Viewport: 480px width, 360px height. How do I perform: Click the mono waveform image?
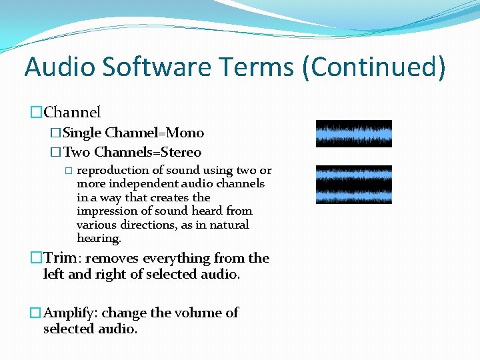click(x=353, y=133)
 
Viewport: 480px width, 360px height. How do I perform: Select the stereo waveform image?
click(x=353, y=185)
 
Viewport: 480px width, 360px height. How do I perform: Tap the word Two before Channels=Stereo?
click(x=77, y=152)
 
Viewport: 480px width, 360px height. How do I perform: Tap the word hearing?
click(x=99, y=238)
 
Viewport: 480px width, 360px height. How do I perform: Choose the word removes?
click(x=109, y=258)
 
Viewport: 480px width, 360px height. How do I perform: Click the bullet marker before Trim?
click(x=36, y=258)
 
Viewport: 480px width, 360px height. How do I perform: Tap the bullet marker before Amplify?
click(x=36, y=313)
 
